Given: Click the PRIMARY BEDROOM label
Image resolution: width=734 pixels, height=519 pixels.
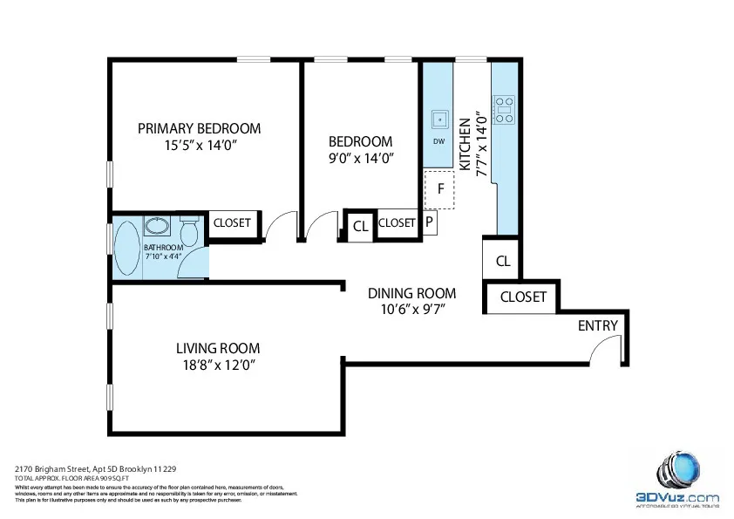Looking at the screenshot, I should click(x=199, y=128).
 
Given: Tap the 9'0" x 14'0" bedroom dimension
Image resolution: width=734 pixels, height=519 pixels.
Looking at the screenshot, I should click(x=361, y=159).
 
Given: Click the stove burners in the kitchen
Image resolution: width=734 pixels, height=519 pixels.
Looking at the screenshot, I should click(x=504, y=111).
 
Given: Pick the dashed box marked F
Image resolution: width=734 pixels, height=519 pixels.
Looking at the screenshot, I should click(x=440, y=189).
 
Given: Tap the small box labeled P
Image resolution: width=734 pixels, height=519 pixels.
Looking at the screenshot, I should click(x=430, y=222).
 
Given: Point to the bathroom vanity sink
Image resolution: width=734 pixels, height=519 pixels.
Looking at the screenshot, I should click(x=158, y=227).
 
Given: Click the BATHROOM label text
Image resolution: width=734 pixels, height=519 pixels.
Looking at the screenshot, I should click(x=163, y=248).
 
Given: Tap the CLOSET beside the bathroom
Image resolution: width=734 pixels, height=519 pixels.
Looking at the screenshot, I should click(x=232, y=223).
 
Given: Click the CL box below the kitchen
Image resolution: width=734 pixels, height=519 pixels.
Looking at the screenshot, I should click(x=502, y=261).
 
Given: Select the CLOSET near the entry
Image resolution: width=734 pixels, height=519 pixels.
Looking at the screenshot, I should click(x=522, y=297).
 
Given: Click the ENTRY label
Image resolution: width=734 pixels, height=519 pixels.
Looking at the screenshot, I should click(x=597, y=326).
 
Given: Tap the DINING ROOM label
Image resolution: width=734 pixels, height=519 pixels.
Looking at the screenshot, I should click(x=411, y=293).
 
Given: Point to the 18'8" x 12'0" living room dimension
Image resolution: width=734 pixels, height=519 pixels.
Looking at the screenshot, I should click(x=217, y=365).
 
